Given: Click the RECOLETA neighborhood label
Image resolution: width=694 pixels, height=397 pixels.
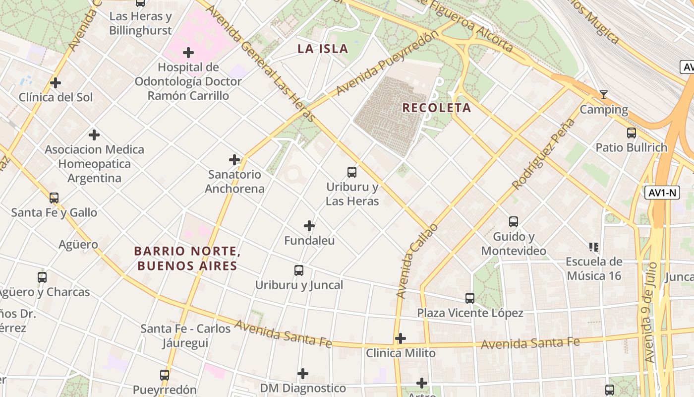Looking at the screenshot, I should click(436, 108).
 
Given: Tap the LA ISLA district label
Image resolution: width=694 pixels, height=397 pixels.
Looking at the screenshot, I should click(323, 49).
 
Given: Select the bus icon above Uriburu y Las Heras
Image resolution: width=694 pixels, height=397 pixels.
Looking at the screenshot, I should click(351, 172).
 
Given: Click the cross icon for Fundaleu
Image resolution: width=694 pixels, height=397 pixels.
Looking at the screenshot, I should click(309, 226).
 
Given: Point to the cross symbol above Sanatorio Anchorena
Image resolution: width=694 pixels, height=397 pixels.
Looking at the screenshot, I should click(234, 160).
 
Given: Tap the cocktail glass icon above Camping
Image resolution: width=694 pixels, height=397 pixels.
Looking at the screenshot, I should click(603, 95).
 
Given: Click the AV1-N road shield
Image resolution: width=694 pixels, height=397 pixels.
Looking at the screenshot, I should click(662, 193).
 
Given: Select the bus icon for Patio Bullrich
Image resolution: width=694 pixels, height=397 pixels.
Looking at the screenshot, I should click(631, 132).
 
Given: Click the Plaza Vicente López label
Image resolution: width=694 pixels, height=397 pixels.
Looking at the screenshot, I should click(470, 313).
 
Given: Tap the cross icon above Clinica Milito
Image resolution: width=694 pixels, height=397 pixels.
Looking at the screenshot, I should click(400, 338).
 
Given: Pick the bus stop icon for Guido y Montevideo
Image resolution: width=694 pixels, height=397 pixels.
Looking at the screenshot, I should click(513, 221).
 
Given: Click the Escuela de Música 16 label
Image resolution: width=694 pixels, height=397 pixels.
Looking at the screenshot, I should click(594, 268).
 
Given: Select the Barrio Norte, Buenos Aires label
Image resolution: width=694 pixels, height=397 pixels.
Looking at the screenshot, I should click(187, 259).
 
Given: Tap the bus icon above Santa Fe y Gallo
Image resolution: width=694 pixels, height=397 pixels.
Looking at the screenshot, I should click(54, 198).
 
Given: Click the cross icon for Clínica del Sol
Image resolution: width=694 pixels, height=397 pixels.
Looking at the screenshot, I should click(56, 82).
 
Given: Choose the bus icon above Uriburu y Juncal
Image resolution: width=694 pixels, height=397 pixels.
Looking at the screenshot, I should click(298, 270).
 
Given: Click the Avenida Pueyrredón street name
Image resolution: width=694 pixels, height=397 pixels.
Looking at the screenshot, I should click(387, 63).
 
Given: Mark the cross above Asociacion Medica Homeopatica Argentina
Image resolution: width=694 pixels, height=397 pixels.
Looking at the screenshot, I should click(94, 134).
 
